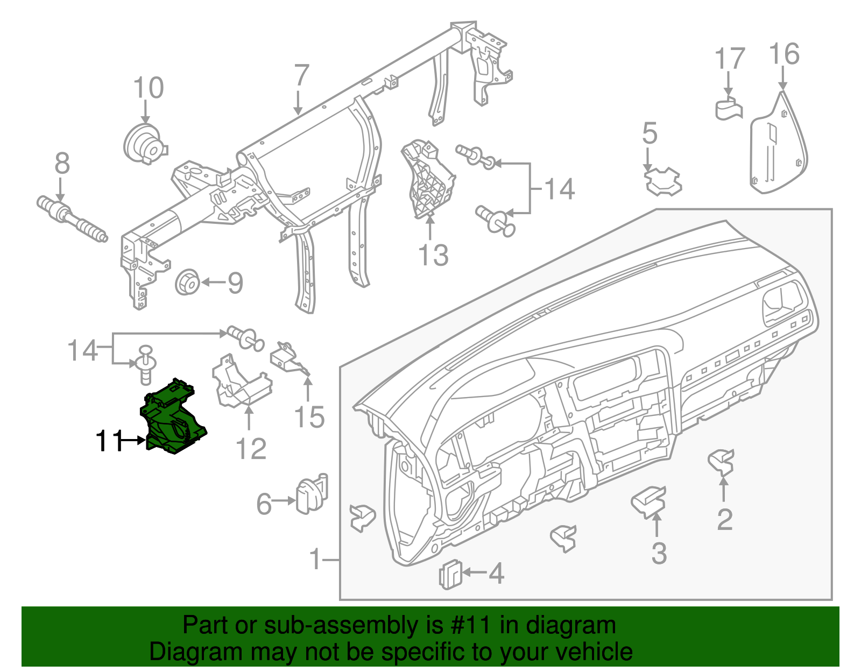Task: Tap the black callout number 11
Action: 109,441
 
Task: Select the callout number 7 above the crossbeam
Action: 301,76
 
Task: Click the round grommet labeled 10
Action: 144,143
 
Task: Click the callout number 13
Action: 433,255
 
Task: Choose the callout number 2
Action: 725,519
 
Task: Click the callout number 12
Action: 251,448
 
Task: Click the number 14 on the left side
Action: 82,350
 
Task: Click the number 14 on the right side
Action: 560,189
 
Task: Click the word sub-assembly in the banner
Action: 340,625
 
